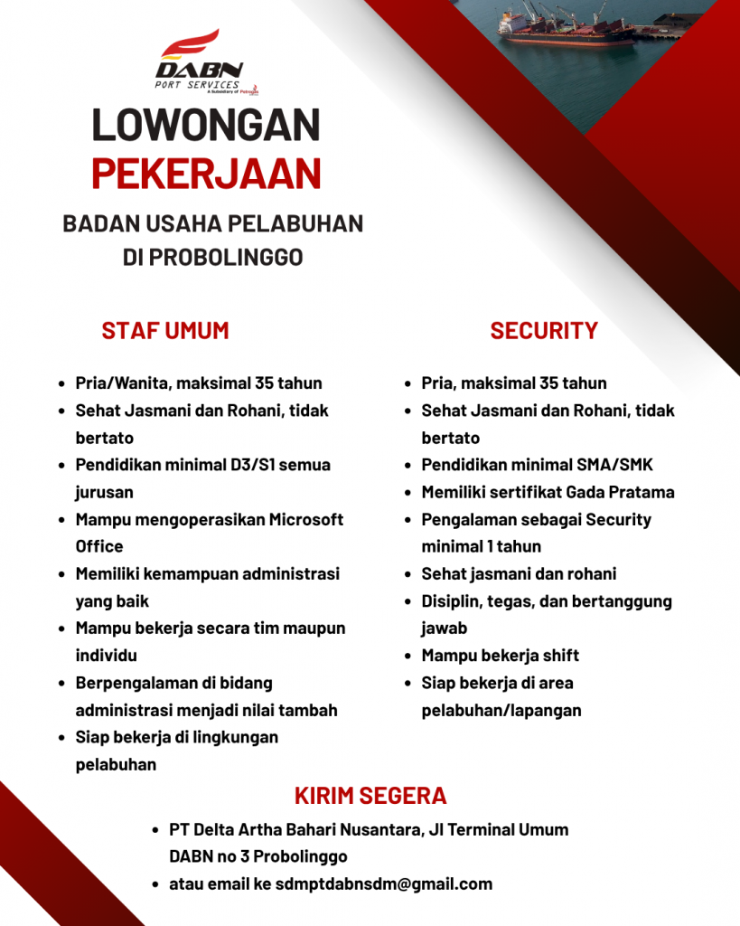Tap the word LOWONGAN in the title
click(x=206, y=126)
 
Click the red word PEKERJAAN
click(x=206, y=174)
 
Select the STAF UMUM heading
click(x=165, y=331)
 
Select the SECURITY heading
click(x=544, y=331)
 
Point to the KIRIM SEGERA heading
click(x=370, y=796)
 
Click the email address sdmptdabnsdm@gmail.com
click(x=384, y=883)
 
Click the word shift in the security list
click(x=559, y=656)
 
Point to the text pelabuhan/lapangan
click(x=501, y=710)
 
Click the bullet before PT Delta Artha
click(x=157, y=830)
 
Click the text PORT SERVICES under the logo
click(x=198, y=85)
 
